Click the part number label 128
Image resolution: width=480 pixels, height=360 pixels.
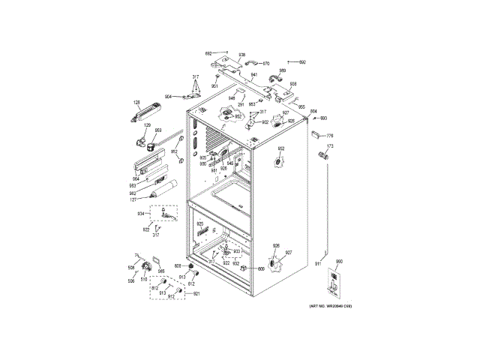point(137,102)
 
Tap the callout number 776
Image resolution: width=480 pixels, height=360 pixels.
point(328,135)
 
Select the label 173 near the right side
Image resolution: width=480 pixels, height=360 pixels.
point(328,146)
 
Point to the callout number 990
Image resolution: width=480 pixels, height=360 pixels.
point(338,261)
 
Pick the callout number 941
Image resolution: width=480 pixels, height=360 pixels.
point(254,75)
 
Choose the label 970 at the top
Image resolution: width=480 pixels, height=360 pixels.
point(265,64)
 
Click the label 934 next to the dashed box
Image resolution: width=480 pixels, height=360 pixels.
point(140,214)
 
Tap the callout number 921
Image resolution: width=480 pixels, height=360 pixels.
point(196,293)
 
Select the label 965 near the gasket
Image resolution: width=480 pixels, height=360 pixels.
point(160,271)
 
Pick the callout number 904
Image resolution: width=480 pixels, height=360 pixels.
point(169,97)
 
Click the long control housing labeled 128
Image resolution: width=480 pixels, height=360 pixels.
point(146,112)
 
